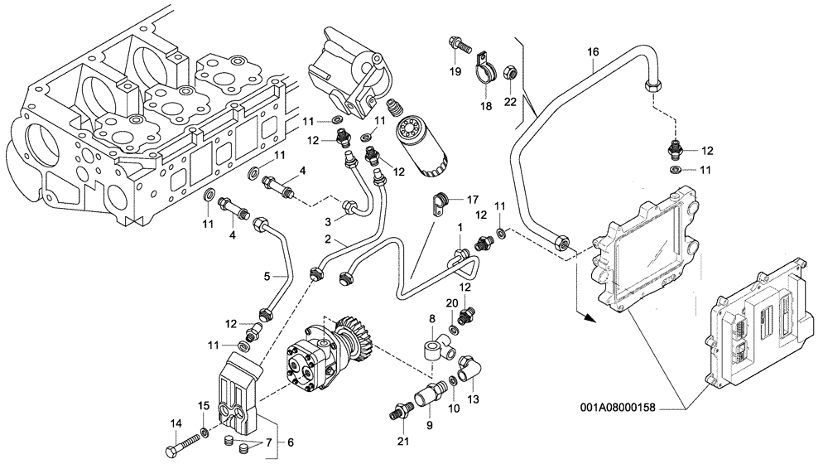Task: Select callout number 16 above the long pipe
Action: pos(593,52)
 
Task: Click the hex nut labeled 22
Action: pos(512,76)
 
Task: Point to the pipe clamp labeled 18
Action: pos(484,69)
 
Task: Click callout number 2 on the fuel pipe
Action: pos(329,239)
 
